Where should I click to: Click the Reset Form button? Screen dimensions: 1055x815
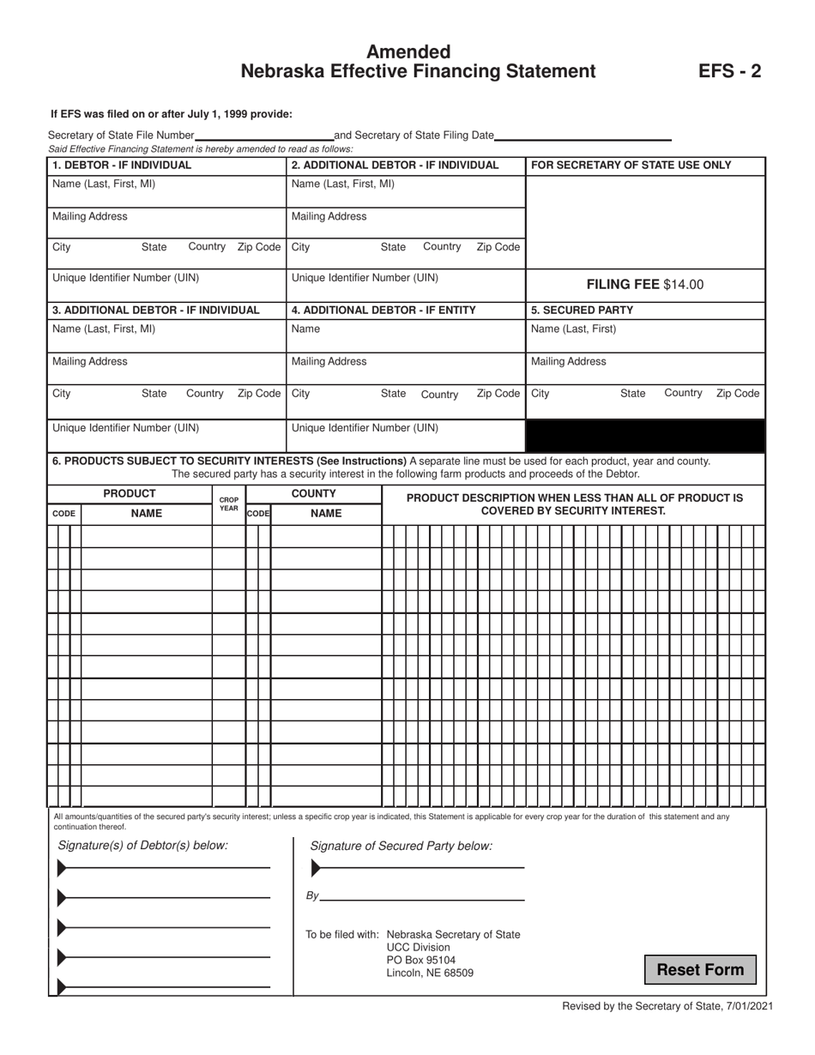tap(700, 970)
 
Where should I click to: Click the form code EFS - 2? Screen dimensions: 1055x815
tap(729, 71)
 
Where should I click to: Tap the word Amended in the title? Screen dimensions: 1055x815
tap(408, 52)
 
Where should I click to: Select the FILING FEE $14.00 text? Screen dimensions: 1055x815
tap(644, 285)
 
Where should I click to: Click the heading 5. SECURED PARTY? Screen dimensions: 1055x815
tap(582, 310)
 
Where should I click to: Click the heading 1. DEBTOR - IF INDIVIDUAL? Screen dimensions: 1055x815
tap(122, 166)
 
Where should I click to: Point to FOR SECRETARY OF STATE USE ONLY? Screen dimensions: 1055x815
tap(631, 166)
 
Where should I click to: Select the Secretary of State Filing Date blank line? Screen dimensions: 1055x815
tap(583, 136)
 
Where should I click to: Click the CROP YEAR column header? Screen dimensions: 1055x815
tap(229, 503)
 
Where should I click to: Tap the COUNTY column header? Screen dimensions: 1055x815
tap(313, 494)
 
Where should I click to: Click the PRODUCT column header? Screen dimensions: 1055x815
tap(130, 494)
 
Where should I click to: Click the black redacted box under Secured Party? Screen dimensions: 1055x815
tap(644, 436)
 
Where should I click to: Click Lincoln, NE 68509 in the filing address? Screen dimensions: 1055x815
tap(430, 973)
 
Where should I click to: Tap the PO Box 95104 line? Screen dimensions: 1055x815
tap(421, 960)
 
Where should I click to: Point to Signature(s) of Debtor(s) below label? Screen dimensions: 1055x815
tap(142, 846)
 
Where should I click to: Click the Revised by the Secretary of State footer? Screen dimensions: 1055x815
tap(667, 1006)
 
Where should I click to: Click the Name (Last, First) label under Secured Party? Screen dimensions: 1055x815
tap(573, 329)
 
